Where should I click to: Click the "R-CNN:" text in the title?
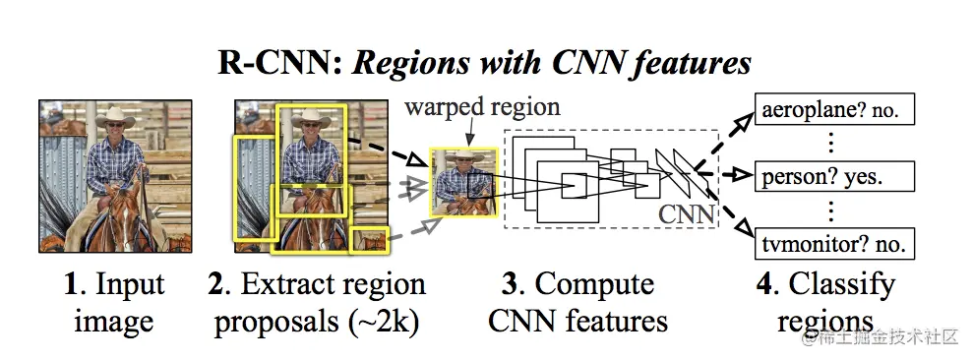click(277, 64)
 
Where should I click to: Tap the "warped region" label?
click(481, 105)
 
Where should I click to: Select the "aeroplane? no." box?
click(831, 111)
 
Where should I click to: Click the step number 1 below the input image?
click(71, 285)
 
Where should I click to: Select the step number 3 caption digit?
click(510, 285)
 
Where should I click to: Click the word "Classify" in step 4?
click(843, 286)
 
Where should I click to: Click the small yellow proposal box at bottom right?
click(370, 237)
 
